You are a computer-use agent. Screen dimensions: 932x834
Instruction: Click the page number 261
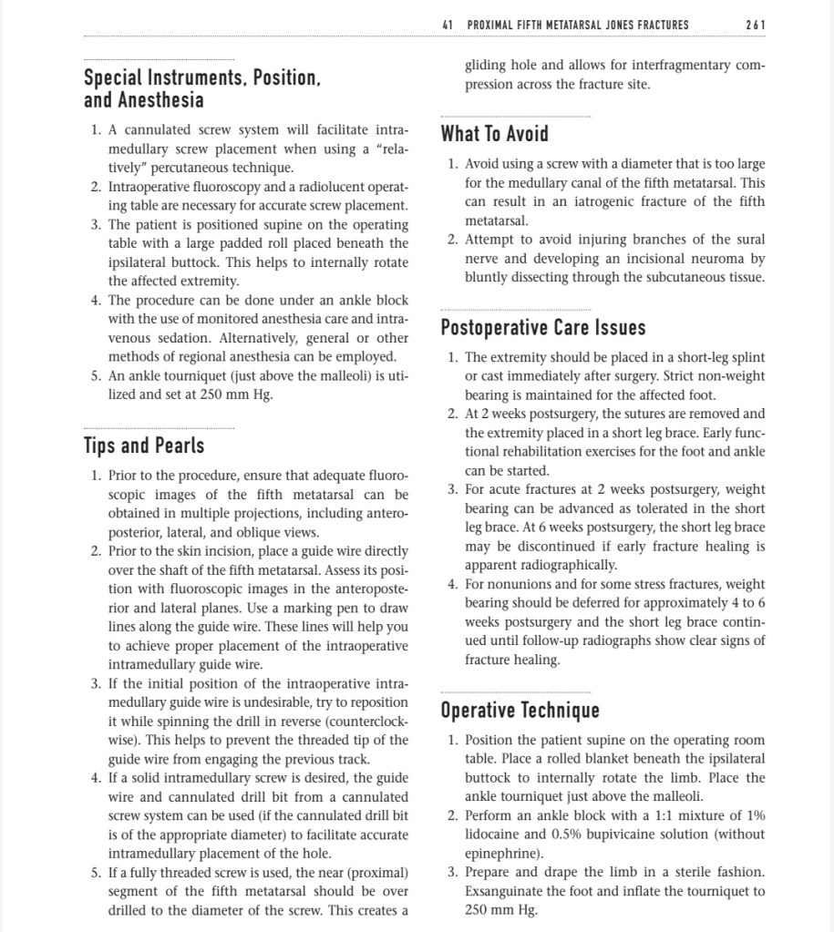pos(755,25)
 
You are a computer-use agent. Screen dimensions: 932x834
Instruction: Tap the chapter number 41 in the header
pos(447,25)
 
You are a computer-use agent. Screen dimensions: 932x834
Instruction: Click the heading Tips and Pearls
pos(144,446)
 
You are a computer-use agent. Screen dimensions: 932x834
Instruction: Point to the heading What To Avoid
pos(494,134)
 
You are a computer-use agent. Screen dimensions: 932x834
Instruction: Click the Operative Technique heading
pos(520,710)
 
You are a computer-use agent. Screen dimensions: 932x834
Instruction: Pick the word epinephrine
pos(501,854)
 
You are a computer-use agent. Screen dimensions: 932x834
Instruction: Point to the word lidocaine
pos(498,835)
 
